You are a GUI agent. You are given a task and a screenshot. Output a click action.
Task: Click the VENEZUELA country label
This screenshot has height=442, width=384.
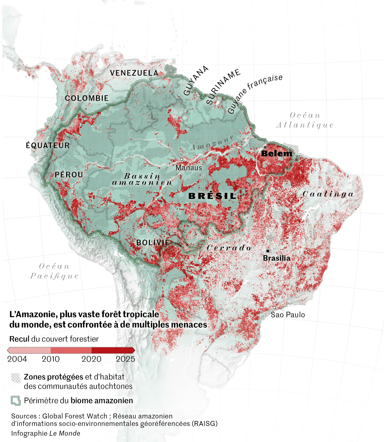coord(134,73)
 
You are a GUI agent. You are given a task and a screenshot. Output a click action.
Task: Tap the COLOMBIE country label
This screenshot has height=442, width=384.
coord(87,98)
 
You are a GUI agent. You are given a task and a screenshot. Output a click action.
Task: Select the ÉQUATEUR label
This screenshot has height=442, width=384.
coord(48,146)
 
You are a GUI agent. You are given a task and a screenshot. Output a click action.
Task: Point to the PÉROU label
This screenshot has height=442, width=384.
coord(69,175)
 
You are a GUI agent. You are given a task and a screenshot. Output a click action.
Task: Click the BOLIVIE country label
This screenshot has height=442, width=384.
coord(153,243)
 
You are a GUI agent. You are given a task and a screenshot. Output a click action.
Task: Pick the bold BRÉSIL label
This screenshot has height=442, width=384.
coord(212,196)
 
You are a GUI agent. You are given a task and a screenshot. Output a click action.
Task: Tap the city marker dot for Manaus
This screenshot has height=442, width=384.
coord(182,159)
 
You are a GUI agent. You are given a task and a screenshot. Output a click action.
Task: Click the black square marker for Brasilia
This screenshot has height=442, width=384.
coord(268,251)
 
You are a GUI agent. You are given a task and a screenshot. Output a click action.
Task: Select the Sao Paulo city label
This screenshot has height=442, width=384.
coord(288,315)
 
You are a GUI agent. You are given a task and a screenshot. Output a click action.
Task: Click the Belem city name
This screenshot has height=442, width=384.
coord(277,154)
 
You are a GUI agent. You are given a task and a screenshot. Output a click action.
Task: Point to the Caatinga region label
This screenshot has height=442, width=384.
coord(328,194)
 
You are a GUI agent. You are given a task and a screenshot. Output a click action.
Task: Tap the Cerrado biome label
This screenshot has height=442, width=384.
coord(229,248)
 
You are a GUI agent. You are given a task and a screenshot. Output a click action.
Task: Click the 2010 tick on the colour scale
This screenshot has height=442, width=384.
coord(51,359)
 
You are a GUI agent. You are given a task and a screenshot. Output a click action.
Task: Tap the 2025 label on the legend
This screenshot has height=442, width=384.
coord(125,359)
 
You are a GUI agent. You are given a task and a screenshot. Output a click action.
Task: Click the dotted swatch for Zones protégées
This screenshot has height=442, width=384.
coord(16,378)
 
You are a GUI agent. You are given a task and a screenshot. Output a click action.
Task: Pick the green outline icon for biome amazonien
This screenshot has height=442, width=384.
coord(16,401)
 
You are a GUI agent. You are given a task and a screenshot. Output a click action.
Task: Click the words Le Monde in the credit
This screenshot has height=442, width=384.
coord(65,433)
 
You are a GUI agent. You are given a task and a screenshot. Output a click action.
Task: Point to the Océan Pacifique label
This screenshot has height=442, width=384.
coord(54,271)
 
